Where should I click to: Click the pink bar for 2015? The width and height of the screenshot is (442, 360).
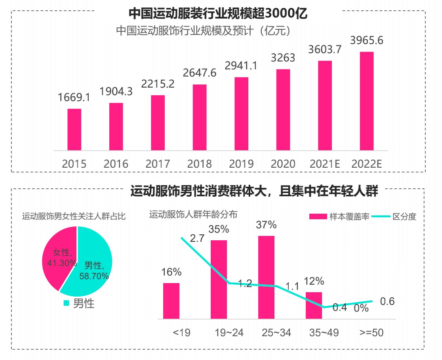click(x=74, y=130)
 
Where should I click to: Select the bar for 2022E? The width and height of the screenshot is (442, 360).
click(x=367, y=101)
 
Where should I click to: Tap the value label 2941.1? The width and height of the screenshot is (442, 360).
click(x=241, y=66)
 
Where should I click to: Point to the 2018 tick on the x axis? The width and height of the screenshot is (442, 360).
click(x=200, y=164)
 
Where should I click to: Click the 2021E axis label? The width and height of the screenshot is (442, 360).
click(x=325, y=164)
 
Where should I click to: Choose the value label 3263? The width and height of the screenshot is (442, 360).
click(x=283, y=58)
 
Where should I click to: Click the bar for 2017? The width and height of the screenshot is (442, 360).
click(x=158, y=123)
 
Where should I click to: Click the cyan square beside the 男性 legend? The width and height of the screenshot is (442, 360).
click(x=66, y=303)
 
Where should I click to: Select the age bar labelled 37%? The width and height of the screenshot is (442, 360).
click(x=266, y=277)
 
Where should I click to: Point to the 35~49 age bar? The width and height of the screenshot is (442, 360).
click(x=314, y=305)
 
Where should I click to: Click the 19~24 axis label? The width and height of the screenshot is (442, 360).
click(x=229, y=333)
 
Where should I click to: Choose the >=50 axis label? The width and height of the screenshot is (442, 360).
click(x=371, y=333)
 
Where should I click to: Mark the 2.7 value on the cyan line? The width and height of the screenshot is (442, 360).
click(x=197, y=239)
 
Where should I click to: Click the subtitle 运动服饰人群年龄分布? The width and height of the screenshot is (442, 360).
click(x=193, y=215)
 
